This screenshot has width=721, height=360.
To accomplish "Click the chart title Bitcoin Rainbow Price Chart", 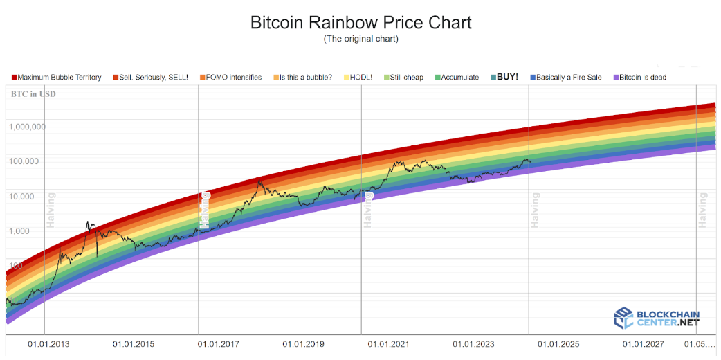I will pos(360,22).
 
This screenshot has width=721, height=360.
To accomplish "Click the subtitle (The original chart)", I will pos(360,39).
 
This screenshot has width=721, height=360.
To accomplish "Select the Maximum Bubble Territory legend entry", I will pos(57,78).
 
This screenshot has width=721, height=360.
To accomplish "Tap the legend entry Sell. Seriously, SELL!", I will pos(150,78).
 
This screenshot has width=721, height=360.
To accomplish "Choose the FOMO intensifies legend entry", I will pos(230,78).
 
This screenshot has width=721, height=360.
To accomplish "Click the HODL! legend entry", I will pos(358,78).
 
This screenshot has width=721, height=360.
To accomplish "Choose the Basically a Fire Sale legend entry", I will pos(567,78).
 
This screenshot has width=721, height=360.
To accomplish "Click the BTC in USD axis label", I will pos(33,93).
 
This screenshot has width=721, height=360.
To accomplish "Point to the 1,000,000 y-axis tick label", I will pos(28,127).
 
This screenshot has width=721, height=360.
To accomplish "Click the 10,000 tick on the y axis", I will pos(32,196).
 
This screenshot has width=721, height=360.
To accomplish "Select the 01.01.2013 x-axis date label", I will pos(48,344).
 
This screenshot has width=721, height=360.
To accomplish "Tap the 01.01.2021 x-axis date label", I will pos(389,344).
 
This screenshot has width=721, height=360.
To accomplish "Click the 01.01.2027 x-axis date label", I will pos(644,344).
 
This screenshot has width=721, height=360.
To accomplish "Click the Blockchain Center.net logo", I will pos(657,318).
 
